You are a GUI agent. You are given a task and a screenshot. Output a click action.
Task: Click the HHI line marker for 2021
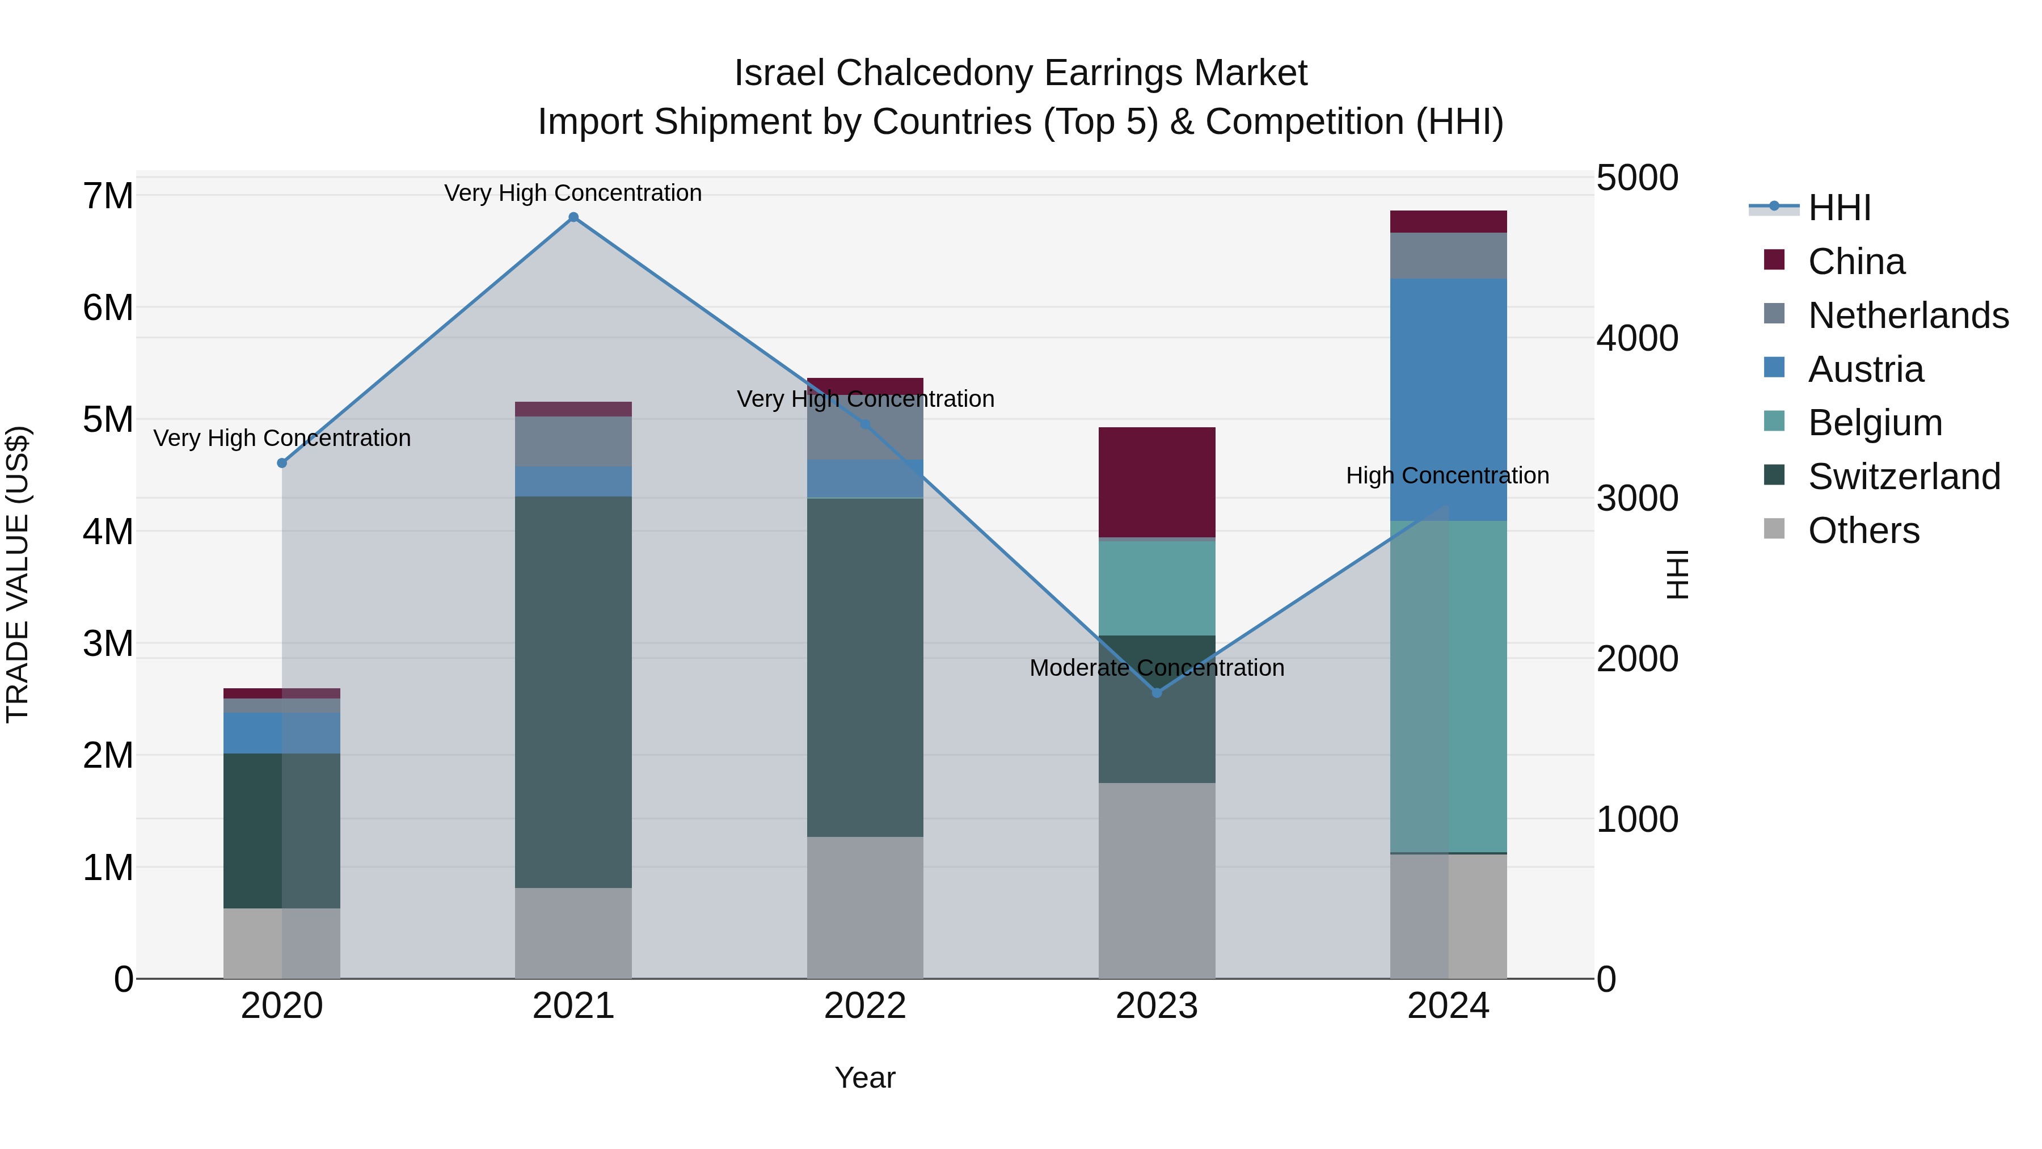pos(573,217)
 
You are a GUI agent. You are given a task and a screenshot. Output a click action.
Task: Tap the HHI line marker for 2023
pos(1157,692)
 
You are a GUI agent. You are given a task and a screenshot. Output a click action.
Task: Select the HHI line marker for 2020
pos(282,463)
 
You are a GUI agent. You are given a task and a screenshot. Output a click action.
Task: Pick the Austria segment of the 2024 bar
pos(1448,399)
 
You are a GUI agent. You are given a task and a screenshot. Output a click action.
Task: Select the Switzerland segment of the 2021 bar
pos(573,692)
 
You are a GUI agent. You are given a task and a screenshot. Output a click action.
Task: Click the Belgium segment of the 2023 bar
pos(1157,588)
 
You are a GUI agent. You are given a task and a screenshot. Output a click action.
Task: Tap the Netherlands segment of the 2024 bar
pos(1448,255)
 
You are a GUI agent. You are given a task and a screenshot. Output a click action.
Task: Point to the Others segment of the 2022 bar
pos(865,907)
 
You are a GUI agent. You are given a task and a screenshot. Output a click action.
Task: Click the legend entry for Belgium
pos(1875,423)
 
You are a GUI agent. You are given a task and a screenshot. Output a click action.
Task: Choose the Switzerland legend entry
pos(1903,477)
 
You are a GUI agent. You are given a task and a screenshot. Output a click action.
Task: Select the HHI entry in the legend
pos(1838,208)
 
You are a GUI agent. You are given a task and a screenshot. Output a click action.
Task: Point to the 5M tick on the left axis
pos(108,419)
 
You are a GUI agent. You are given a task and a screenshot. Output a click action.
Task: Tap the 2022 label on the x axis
pos(865,1006)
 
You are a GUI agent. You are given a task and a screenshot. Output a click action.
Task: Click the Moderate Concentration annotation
pos(1157,668)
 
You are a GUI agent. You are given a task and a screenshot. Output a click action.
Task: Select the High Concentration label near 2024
pos(1448,476)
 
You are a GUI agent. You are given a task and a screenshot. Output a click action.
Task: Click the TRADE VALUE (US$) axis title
pos(18,574)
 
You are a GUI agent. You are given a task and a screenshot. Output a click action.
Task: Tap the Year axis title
pos(865,1078)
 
